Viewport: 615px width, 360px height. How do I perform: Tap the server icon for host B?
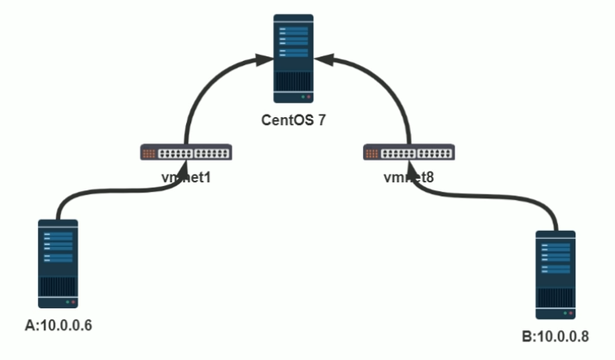[556, 275]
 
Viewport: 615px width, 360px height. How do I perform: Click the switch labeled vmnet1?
[186, 152]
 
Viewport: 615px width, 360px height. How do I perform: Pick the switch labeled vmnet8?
[408, 152]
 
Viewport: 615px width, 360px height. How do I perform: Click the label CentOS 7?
[293, 120]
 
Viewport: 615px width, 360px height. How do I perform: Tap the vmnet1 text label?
[186, 175]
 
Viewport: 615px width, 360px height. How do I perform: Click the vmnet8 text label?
[408, 175]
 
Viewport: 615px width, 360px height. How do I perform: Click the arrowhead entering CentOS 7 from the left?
[259, 60]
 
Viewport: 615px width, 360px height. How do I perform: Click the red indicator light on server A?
[73, 301]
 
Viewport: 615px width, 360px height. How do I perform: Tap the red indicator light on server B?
[571, 313]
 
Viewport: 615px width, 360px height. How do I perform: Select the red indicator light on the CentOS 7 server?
[309, 96]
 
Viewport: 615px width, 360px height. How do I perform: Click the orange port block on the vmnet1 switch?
[149, 152]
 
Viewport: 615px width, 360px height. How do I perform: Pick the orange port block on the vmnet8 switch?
[372, 152]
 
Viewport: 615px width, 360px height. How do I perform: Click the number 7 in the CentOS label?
[322, 120]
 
